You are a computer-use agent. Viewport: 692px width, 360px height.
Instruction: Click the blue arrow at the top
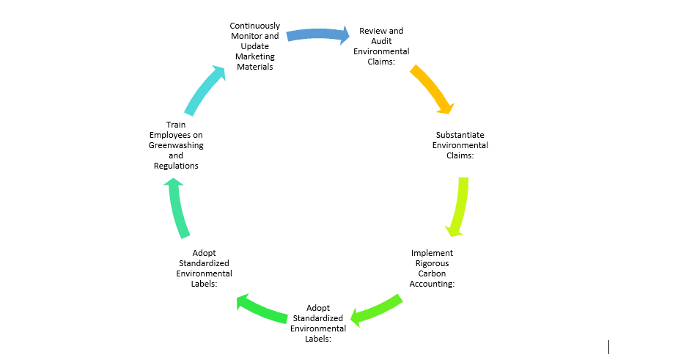317,34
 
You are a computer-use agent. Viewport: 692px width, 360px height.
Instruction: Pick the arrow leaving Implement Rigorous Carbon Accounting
377,309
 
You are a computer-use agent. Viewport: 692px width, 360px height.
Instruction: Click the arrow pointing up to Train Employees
179,209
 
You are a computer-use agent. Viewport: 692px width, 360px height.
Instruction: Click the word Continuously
254,26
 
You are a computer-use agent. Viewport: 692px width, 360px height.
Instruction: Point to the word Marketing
254,56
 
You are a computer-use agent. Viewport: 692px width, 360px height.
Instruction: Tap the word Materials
254,67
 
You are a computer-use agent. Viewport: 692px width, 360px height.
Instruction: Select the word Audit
381,41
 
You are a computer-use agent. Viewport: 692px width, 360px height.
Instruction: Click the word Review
371,31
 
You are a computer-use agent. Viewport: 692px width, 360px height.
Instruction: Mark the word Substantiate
460,135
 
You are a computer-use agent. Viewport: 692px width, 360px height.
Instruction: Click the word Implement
432,253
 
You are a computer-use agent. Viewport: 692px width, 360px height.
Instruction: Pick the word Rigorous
432,263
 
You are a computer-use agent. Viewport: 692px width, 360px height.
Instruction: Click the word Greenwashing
176,145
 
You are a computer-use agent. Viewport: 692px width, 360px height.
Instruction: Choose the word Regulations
176,166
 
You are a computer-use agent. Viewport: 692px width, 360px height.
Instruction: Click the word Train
176,125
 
